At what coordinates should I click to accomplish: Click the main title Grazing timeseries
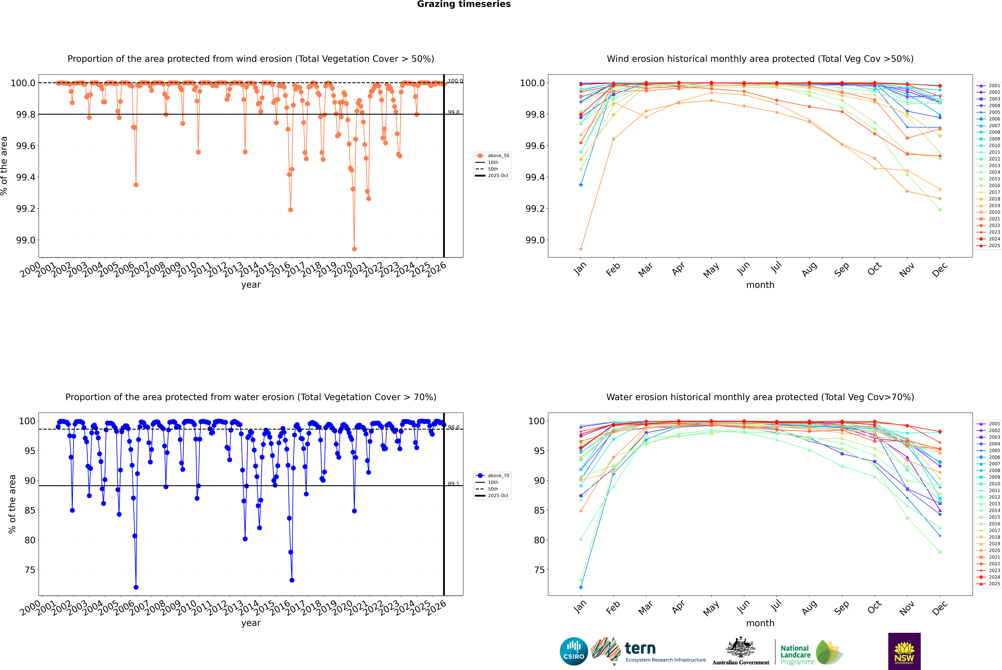point(464,4)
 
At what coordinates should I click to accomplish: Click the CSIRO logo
point(574,651)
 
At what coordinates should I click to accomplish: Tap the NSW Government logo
point(904,651)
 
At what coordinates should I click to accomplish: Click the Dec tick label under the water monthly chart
point(940,608)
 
